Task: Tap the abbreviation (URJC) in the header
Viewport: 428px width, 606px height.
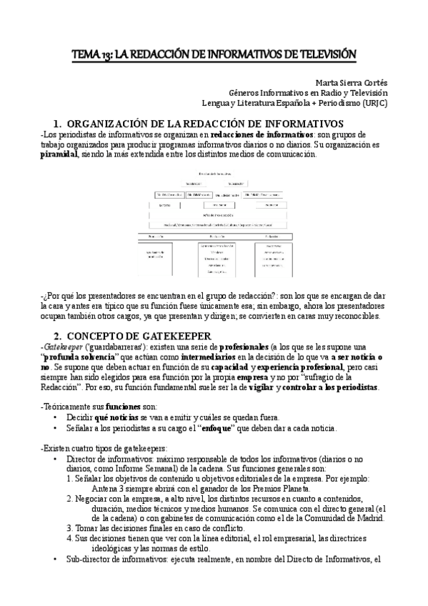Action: pos(371,102)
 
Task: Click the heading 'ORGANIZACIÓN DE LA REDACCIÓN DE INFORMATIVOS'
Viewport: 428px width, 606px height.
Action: pos(207,123)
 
